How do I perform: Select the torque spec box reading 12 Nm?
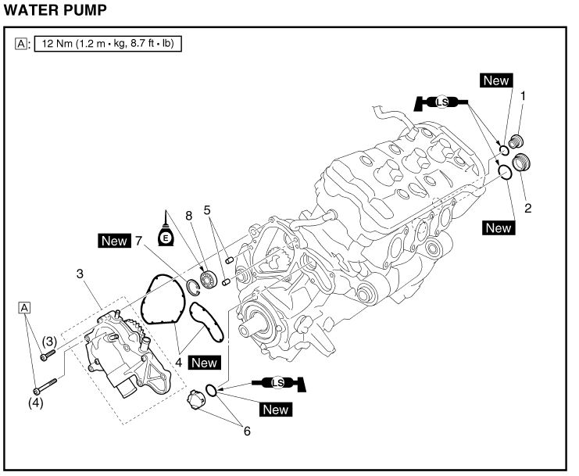[x=108, y=45]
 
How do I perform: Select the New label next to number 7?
[x=114, y=241]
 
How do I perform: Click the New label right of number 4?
[x=205, y=363]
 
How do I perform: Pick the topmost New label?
[x=495, y=80]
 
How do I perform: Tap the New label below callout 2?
[x=497, y=228]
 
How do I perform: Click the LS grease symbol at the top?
[x=441, y=102]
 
